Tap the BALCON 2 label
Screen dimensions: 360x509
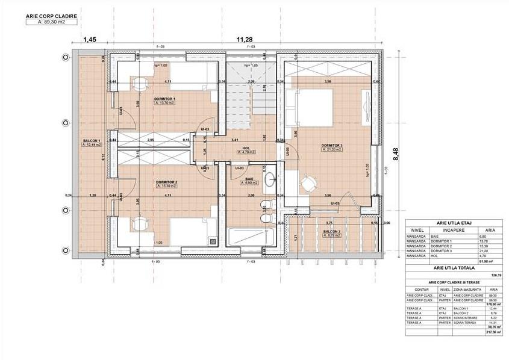click(x=331, y=232)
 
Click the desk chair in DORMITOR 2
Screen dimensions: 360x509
click(x=139, y=224)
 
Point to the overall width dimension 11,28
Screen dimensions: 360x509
click(x=245, y=39)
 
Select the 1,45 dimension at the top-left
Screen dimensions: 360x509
click(x=89, y=39)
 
